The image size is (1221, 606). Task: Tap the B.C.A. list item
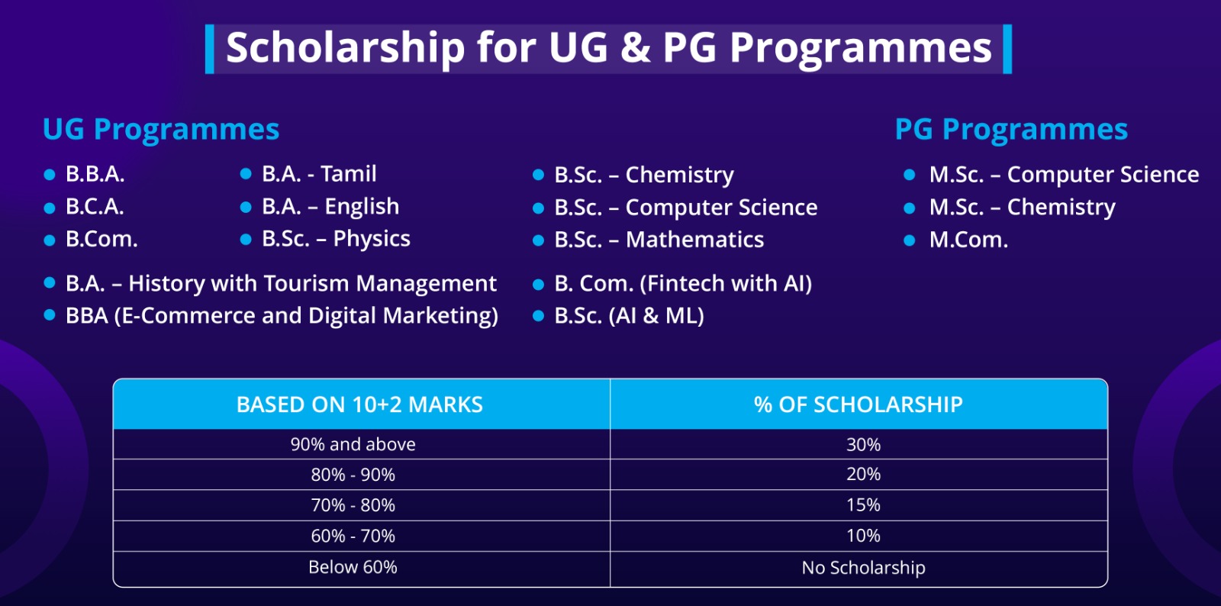tap(95, 207)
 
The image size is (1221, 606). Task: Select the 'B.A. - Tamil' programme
tap(319, 174)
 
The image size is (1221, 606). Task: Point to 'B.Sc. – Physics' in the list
tap(336, 239)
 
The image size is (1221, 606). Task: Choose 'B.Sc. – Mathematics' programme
tap(659, 240)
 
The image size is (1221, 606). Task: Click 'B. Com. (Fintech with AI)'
tap(683, 283)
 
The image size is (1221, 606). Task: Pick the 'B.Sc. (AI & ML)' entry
tap(629, 316)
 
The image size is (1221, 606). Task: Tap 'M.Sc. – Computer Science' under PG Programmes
tap(1064, 174)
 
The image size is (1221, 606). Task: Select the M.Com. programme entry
tap(968, 240)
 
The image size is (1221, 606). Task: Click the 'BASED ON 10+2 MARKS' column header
tap(359, 405)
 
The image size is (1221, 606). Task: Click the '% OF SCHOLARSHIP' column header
tap(859, 405)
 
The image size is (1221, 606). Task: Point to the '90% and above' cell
tap(353, 445)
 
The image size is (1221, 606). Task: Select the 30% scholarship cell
tap(863, 445)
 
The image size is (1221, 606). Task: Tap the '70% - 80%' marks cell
tap(353, 505)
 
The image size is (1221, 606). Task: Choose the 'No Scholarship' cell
tap(863, 568)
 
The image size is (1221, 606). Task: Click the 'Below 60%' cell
tap(353, 567)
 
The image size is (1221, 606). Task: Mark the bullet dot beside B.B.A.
tap(50, 174)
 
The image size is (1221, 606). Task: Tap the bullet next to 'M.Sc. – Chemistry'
tap(909, 208)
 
